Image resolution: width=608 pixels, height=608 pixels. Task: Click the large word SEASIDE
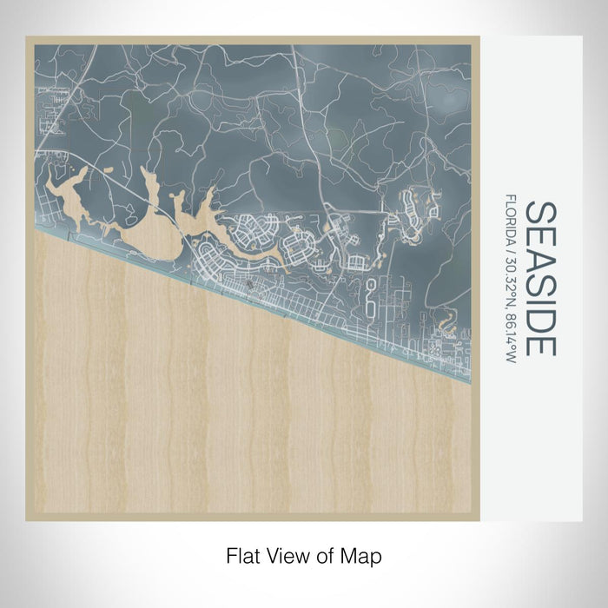(539, 278)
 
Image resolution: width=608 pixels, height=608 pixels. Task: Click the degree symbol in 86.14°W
(512, 345)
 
